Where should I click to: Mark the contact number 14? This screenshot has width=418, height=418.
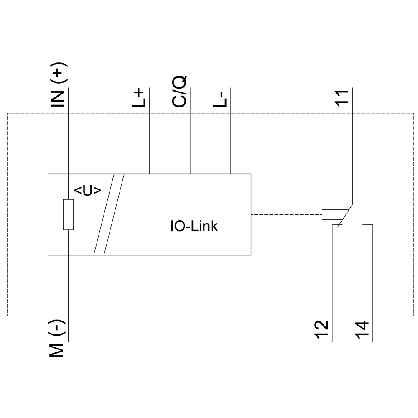pyautogui.click(x=362, y=330)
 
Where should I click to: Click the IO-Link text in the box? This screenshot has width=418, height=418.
pyautogui.click(x=194, y=227)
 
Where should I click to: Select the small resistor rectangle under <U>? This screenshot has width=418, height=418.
pyautogui.click(x=68, y=215)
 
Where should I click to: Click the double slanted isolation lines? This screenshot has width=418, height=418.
pyautogui.click(x=109, y=214)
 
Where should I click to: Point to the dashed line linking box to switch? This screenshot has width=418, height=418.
pyautogui.click(x=284, y=215)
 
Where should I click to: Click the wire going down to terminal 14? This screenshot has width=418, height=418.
pyautogui.click(x=372, y=284)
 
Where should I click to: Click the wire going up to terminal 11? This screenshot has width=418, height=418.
pyautogui.click(x=352, y=146)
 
